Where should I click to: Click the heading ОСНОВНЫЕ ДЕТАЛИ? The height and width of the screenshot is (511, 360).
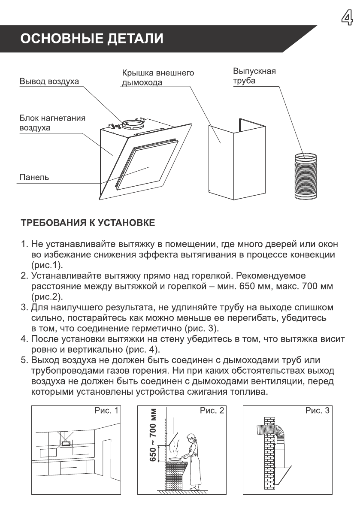93,39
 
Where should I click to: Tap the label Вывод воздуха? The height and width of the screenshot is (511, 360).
49,82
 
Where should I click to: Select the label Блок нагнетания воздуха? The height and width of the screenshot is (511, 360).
52,123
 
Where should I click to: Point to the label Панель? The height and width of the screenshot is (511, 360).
34,177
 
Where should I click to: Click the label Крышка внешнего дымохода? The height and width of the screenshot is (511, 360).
157,78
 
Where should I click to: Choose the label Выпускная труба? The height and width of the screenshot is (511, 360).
254,76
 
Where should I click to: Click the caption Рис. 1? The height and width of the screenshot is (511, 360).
106,411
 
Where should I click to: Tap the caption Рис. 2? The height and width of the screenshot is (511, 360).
212,411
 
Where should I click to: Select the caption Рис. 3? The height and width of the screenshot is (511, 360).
318,411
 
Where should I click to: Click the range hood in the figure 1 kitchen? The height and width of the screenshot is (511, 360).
66,441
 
